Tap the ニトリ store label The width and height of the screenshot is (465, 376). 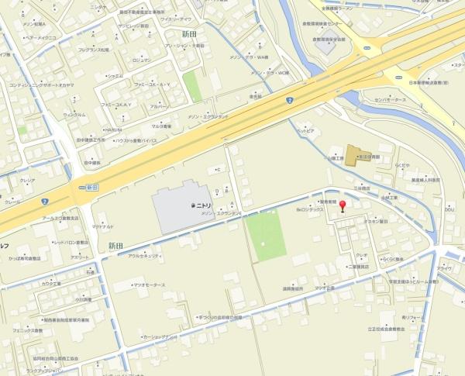(203, 205)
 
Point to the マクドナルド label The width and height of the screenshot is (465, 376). (104, 226)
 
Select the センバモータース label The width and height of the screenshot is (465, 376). (390, 101)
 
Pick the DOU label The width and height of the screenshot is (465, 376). (449, 209)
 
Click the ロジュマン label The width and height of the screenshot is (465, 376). (141, 60)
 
